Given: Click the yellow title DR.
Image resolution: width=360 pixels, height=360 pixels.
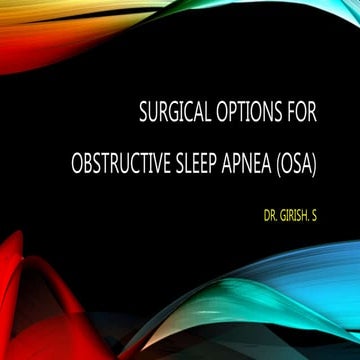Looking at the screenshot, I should click(272, 213).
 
